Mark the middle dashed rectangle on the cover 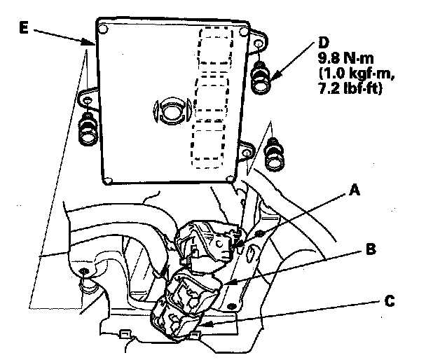tap(210, 99)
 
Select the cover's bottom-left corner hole tap(107, 180)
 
